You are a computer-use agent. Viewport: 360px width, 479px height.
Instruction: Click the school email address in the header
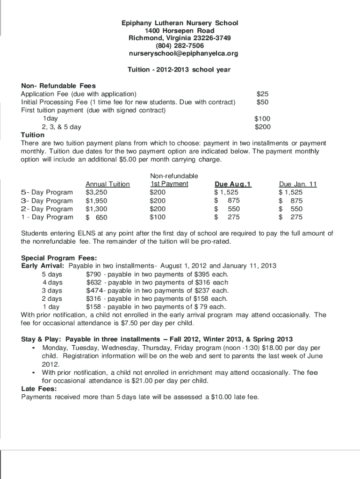click(x=183, y=53)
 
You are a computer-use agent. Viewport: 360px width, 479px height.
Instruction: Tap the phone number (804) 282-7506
click(x=180, y=46)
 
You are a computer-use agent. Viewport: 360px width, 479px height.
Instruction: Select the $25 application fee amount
click(x=262, y=94)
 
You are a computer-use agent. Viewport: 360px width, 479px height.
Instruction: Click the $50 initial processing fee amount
click(x=262, y=102)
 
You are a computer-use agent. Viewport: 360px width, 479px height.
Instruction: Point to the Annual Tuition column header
click(x=108, y=184)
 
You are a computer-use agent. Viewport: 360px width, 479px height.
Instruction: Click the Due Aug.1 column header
click(x=233, y=184)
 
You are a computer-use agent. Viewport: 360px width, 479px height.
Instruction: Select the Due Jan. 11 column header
click(x=298, y=184)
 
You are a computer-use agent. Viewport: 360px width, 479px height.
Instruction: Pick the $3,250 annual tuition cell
click(x=97, y=192)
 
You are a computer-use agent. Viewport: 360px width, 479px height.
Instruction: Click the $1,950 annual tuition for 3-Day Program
click(x=97, y=201)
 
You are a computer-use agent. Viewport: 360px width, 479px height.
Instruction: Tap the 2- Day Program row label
click(x=47, y=209)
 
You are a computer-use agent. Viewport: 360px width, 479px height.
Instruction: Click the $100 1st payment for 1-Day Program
click(x=158, y=218)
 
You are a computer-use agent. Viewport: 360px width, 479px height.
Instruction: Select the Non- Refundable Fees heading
click(x=58, y=86)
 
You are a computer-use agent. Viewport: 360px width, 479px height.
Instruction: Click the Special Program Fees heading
click(x=59, y=258)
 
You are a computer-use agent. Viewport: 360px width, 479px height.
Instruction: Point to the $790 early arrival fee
click(x=94, y=274)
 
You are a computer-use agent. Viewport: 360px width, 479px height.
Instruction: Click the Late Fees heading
click(x=39, y=389)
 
